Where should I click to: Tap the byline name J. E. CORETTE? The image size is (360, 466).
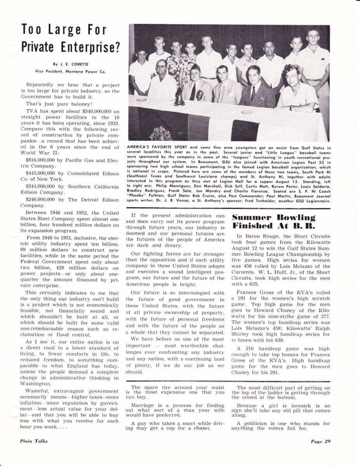pyautogui.click(x=71, y=65)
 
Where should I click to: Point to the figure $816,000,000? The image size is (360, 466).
pyautogui.click(x=41, y=160)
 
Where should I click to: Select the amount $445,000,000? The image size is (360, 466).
pyautogui.click(x=41, y=173)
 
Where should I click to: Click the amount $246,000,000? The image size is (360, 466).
pyautogui.click(x=41, y=199)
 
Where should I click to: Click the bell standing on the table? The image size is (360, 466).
pyautogui.click(x=179, y=99)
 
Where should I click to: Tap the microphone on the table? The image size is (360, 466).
pyautogui.click(x=200, y=95)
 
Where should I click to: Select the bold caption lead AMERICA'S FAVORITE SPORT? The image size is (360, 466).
pyautogui.click(x=158, y=147)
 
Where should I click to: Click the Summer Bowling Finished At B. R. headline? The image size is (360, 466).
pyautogui.click(x=273, y=221)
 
